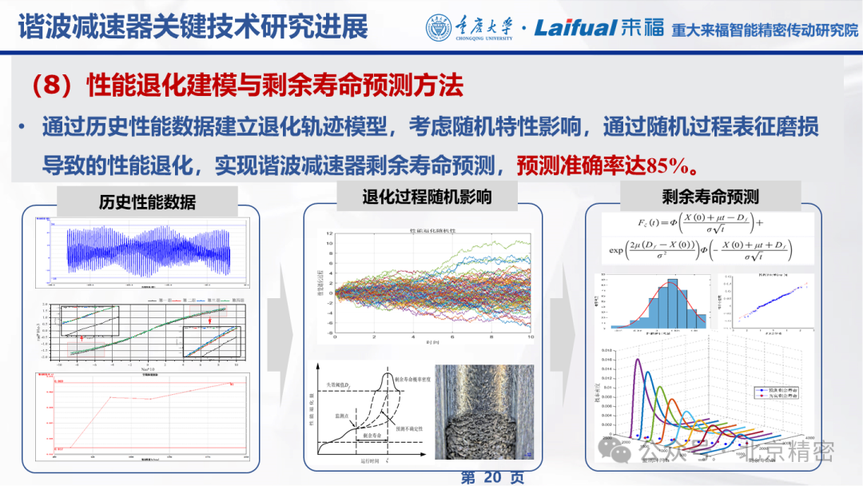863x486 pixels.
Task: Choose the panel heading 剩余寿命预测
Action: point(710,196)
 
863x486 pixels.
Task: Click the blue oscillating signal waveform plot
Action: point(148,250)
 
